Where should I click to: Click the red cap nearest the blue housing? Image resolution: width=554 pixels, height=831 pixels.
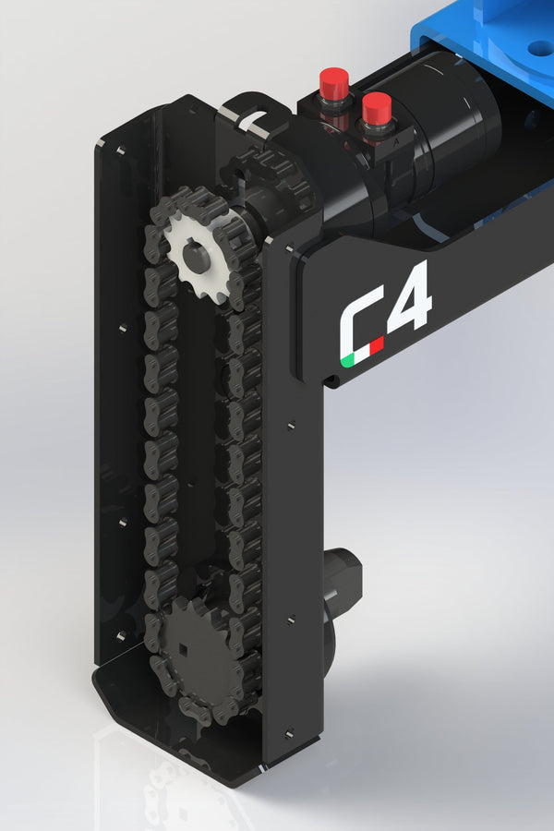[377, 107]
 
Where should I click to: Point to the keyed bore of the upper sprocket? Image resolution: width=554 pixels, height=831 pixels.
[196, 254]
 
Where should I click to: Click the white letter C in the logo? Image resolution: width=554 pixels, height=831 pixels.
[356, 323]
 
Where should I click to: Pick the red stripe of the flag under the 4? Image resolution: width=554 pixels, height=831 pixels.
[376, 346]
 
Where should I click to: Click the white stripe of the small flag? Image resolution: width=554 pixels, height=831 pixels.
[361, 354]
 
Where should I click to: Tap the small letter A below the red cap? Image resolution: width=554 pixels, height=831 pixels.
[395, 142]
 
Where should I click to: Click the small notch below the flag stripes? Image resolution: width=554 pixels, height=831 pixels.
[330, 378]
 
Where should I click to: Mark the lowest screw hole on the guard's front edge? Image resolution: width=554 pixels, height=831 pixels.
[290, 734]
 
